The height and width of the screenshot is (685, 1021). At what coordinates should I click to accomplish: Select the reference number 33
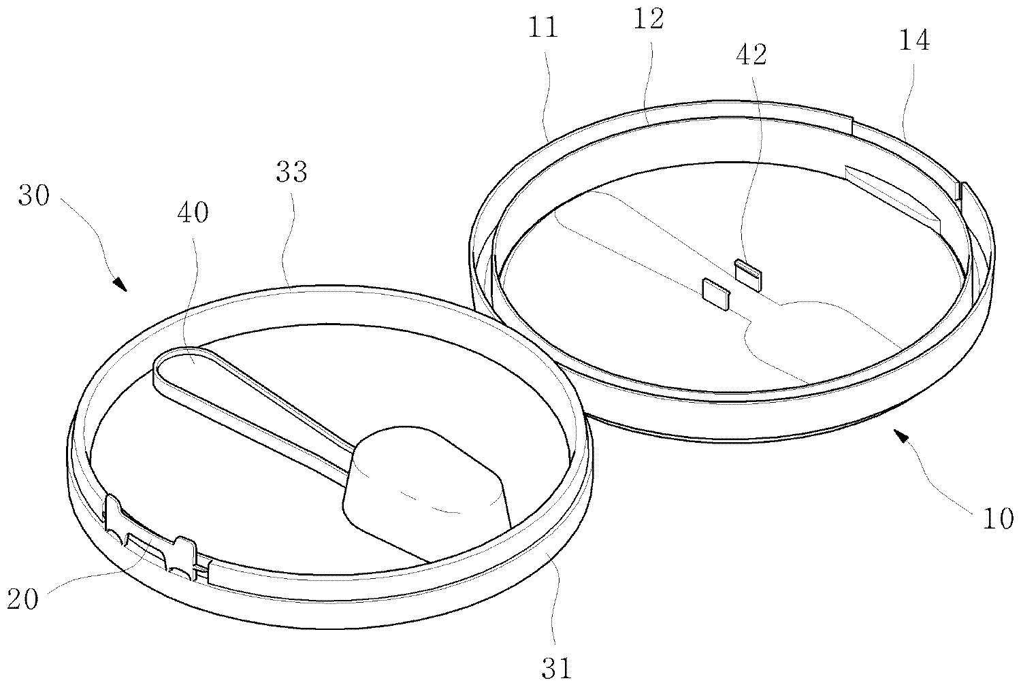292,172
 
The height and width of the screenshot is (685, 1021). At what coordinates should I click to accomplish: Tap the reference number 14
913,41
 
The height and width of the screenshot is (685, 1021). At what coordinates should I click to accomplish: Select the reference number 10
998,519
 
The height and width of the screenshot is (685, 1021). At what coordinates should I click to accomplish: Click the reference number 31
557,668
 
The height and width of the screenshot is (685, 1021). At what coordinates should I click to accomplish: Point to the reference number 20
23,600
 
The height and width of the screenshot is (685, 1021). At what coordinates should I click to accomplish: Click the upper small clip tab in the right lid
748,273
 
